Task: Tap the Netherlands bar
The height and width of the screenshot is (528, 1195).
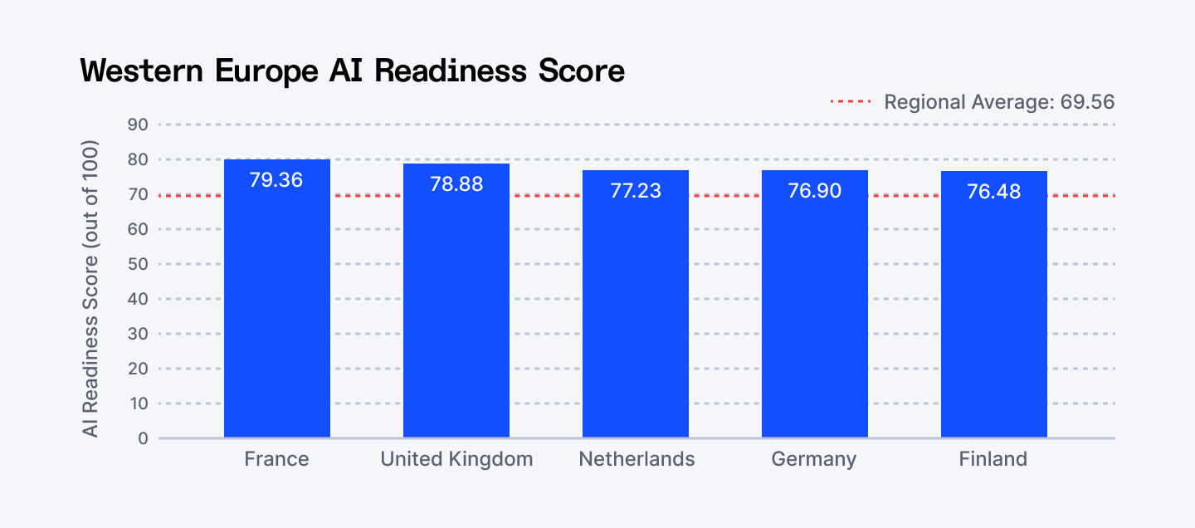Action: pyautogui.click(x=636, y=315)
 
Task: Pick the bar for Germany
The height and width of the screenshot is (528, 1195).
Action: pyautogui.click(x=815, y=315)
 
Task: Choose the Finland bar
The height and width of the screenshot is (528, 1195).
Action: pyautogui.click(x=994, y=315)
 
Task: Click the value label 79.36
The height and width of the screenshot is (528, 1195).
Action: pyautogui.click(x=276, y=179)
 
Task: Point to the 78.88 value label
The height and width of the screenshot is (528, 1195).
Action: pyautogui.click(x=456, y=183)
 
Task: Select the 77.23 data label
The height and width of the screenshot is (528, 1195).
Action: pyautogui.click(x=636, y=191)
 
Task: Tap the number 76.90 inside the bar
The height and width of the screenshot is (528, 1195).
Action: pyautogui.click(x=815, y=191)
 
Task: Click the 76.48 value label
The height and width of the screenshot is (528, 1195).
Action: pyautogui.click(x=994, y=192)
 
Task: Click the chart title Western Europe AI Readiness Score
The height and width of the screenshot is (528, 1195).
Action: pyautogui.click(x=353, y=71)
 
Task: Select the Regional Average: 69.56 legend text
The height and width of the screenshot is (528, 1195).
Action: pyautogui.click(x=999, y=102)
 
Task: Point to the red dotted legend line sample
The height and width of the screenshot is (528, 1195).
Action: pyautogui.click(x=851, y=102)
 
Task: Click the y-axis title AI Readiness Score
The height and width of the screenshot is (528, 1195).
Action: pyautogui.click(x=90, y=289)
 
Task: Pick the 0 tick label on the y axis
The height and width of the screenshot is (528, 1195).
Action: pyautogui.click(x=142, y=438)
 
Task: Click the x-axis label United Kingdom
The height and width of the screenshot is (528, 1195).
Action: pyautogui.click(x=456, y=459)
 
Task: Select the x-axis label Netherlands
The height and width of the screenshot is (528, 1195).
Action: pyautogui.click(x=637, y=459)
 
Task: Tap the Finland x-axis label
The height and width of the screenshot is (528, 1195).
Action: pyautogui.click(x=993, y=459)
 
